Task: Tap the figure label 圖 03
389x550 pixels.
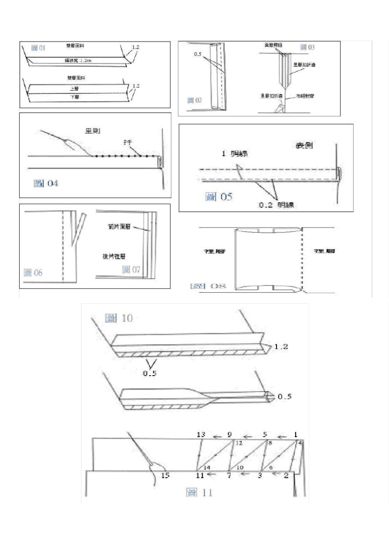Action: pyautogui.click(x=307, y=47)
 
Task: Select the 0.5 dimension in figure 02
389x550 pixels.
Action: pyautogui.click(x=197, y=54)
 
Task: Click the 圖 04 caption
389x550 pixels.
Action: pyautogui.click(x=46, y=184)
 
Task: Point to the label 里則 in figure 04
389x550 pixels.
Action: pyautogui.click(x=93, y=131)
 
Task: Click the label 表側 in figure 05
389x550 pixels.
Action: pyautogui.click(x=305, y=145)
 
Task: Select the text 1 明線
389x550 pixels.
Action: pyautogui.click(x=234, y=153)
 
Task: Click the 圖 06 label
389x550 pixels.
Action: pyautogui.click(x=33, y=273)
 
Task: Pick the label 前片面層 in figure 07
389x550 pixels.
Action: pyautogui.click(x=119, y=227)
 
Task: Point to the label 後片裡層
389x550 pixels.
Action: pyautogui.click(x=114, y=256)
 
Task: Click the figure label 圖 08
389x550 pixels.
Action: pyautogui.click(x=208, y=286)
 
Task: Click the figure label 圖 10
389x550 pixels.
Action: pyautogui.click(x=119, y=318)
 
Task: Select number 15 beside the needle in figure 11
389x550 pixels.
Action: pyautogui.click(x=165, y=476)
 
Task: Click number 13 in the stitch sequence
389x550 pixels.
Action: pyautogui.click(x=201, y=434)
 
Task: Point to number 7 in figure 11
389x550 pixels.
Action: pyautogui.click(x=229, y=476)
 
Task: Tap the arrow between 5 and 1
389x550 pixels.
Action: pyautogui.click(x=280, y=437)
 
